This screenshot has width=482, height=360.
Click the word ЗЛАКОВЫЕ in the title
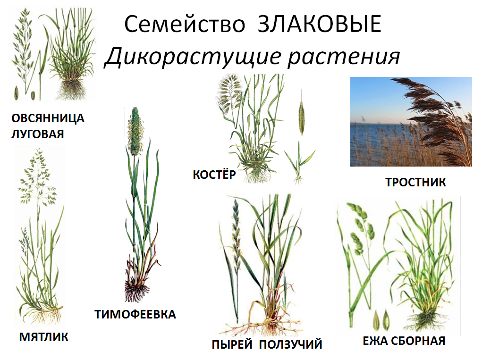(x=320, y=24)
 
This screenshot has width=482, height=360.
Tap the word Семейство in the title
(x=185, y=25)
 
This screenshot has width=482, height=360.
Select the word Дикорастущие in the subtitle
(x=193, y=57)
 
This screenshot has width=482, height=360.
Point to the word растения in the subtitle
(x=344, y=57)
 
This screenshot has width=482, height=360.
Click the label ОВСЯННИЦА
(x=48, y=118)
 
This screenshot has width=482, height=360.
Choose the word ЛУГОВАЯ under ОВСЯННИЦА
(x=37, y=134)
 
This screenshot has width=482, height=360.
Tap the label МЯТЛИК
(x=43, y=337)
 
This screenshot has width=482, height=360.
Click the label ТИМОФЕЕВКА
(x=135, y=315)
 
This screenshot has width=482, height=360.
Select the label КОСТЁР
(x=214, y=175)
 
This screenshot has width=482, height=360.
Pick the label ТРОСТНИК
(x=415, y=183)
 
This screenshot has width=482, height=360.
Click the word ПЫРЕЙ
(x=232, y=344)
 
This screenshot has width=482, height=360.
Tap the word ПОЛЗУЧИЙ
(x=290, y=344)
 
